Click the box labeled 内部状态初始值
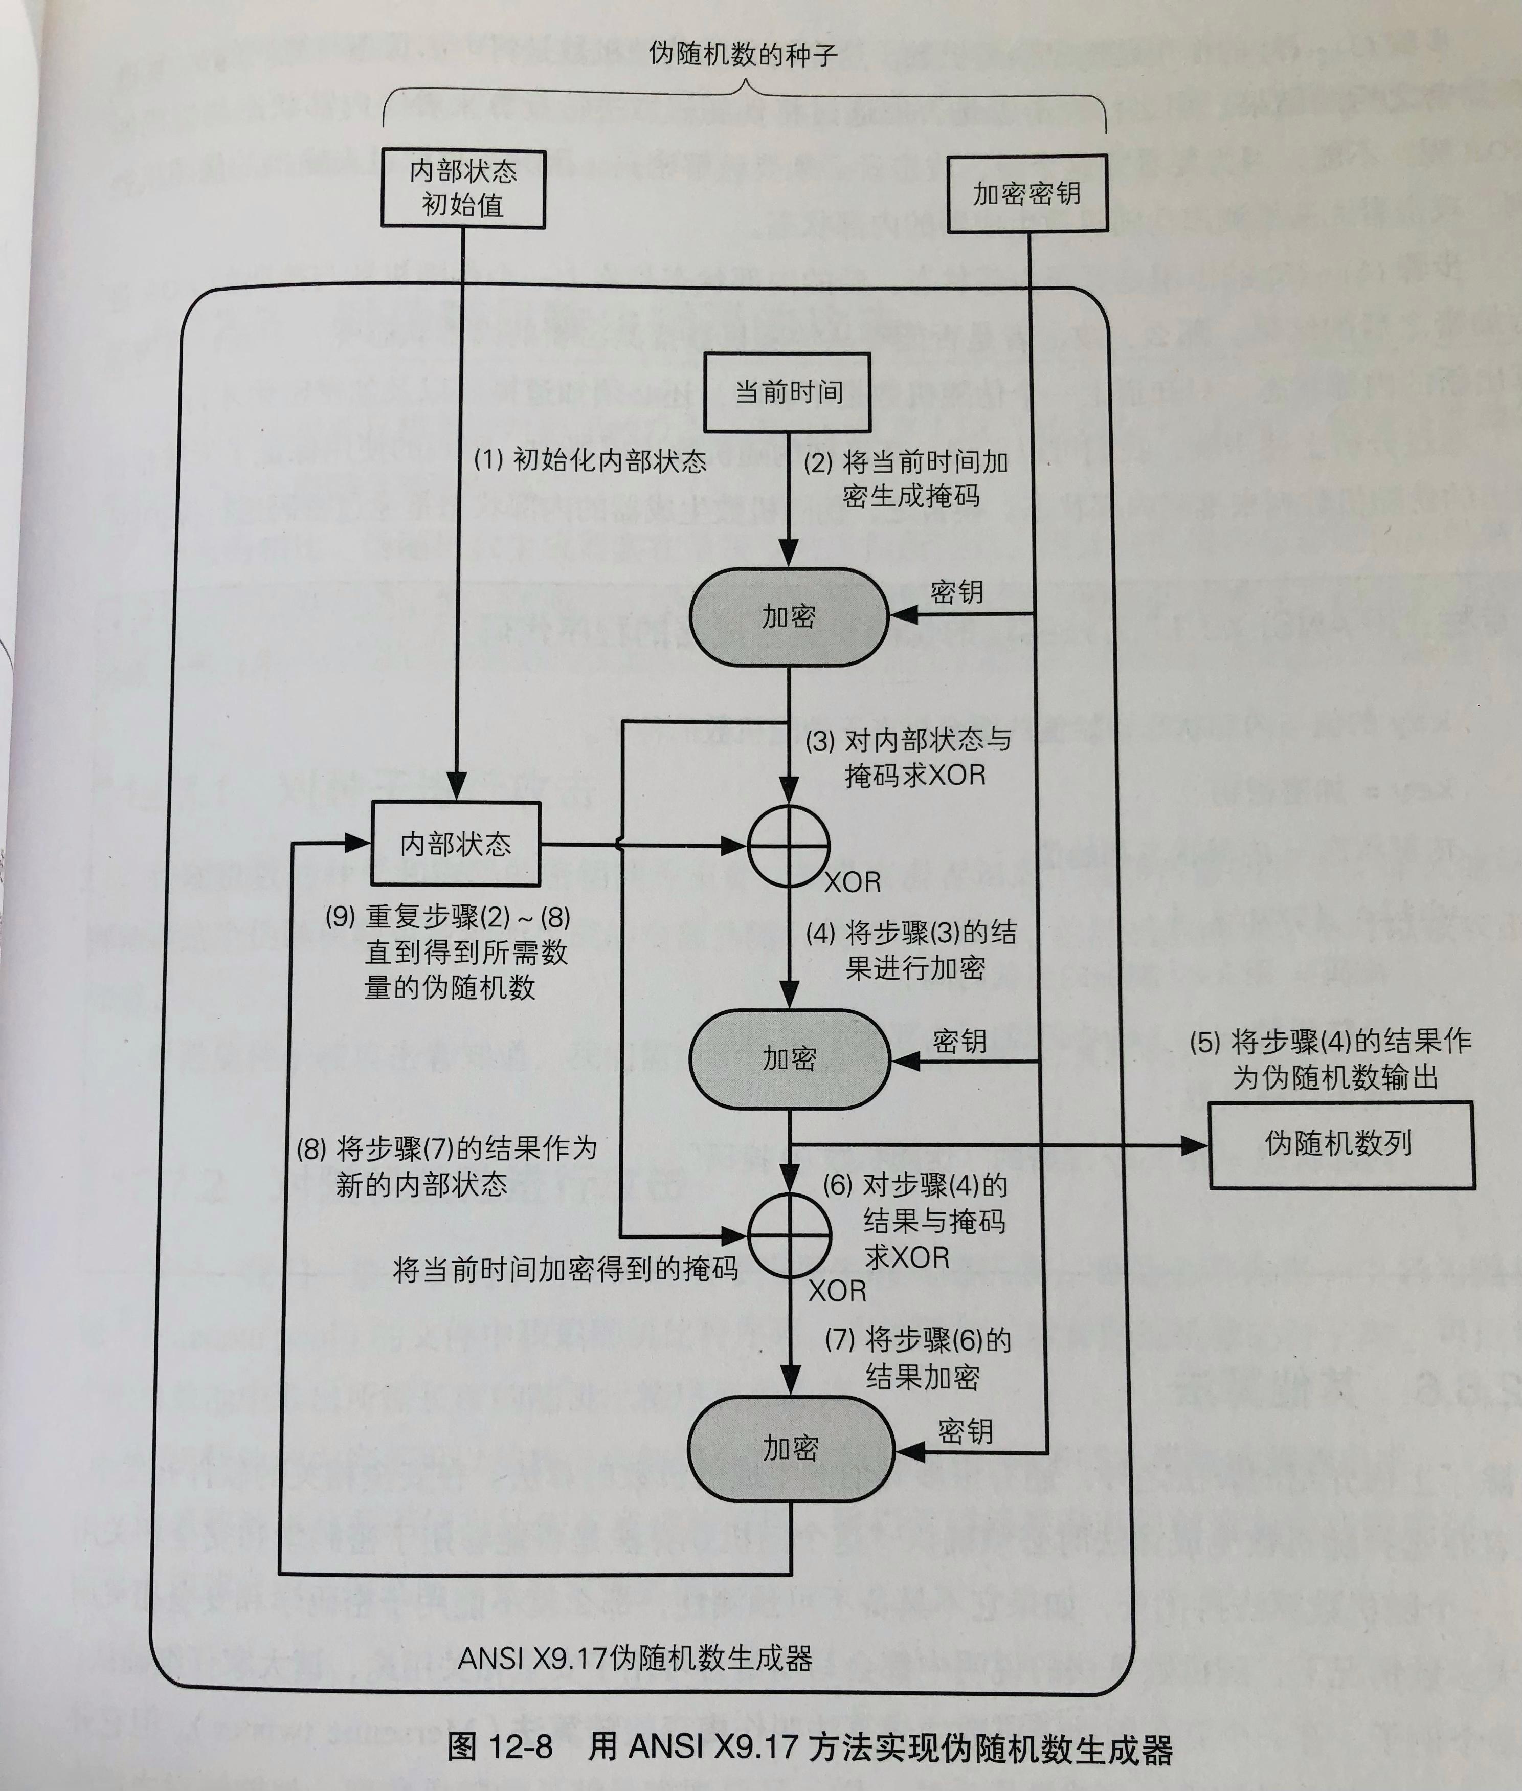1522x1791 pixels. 463,188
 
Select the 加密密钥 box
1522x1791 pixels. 1027,193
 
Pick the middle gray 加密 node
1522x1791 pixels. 789,1059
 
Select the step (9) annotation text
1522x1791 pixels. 449,952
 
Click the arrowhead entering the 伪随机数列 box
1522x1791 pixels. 1196,1145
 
